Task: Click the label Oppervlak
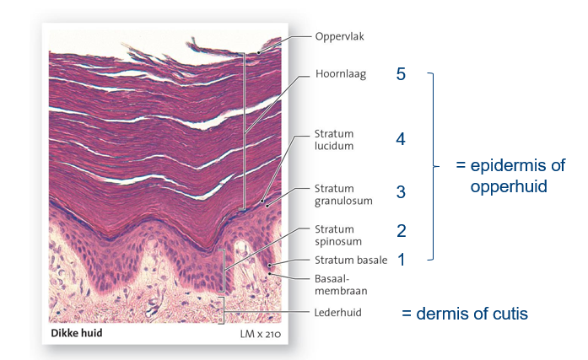tap(340, 37)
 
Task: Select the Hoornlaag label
tap(339, 74)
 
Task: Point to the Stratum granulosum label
tap(338, 195)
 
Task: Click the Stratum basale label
tap(350, 261)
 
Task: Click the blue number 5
tap(401, 74)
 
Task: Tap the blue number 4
tap(401, 139)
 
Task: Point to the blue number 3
tap(401, 192)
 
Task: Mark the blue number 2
tap(402, 229)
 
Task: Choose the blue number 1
tap(402, 261)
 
